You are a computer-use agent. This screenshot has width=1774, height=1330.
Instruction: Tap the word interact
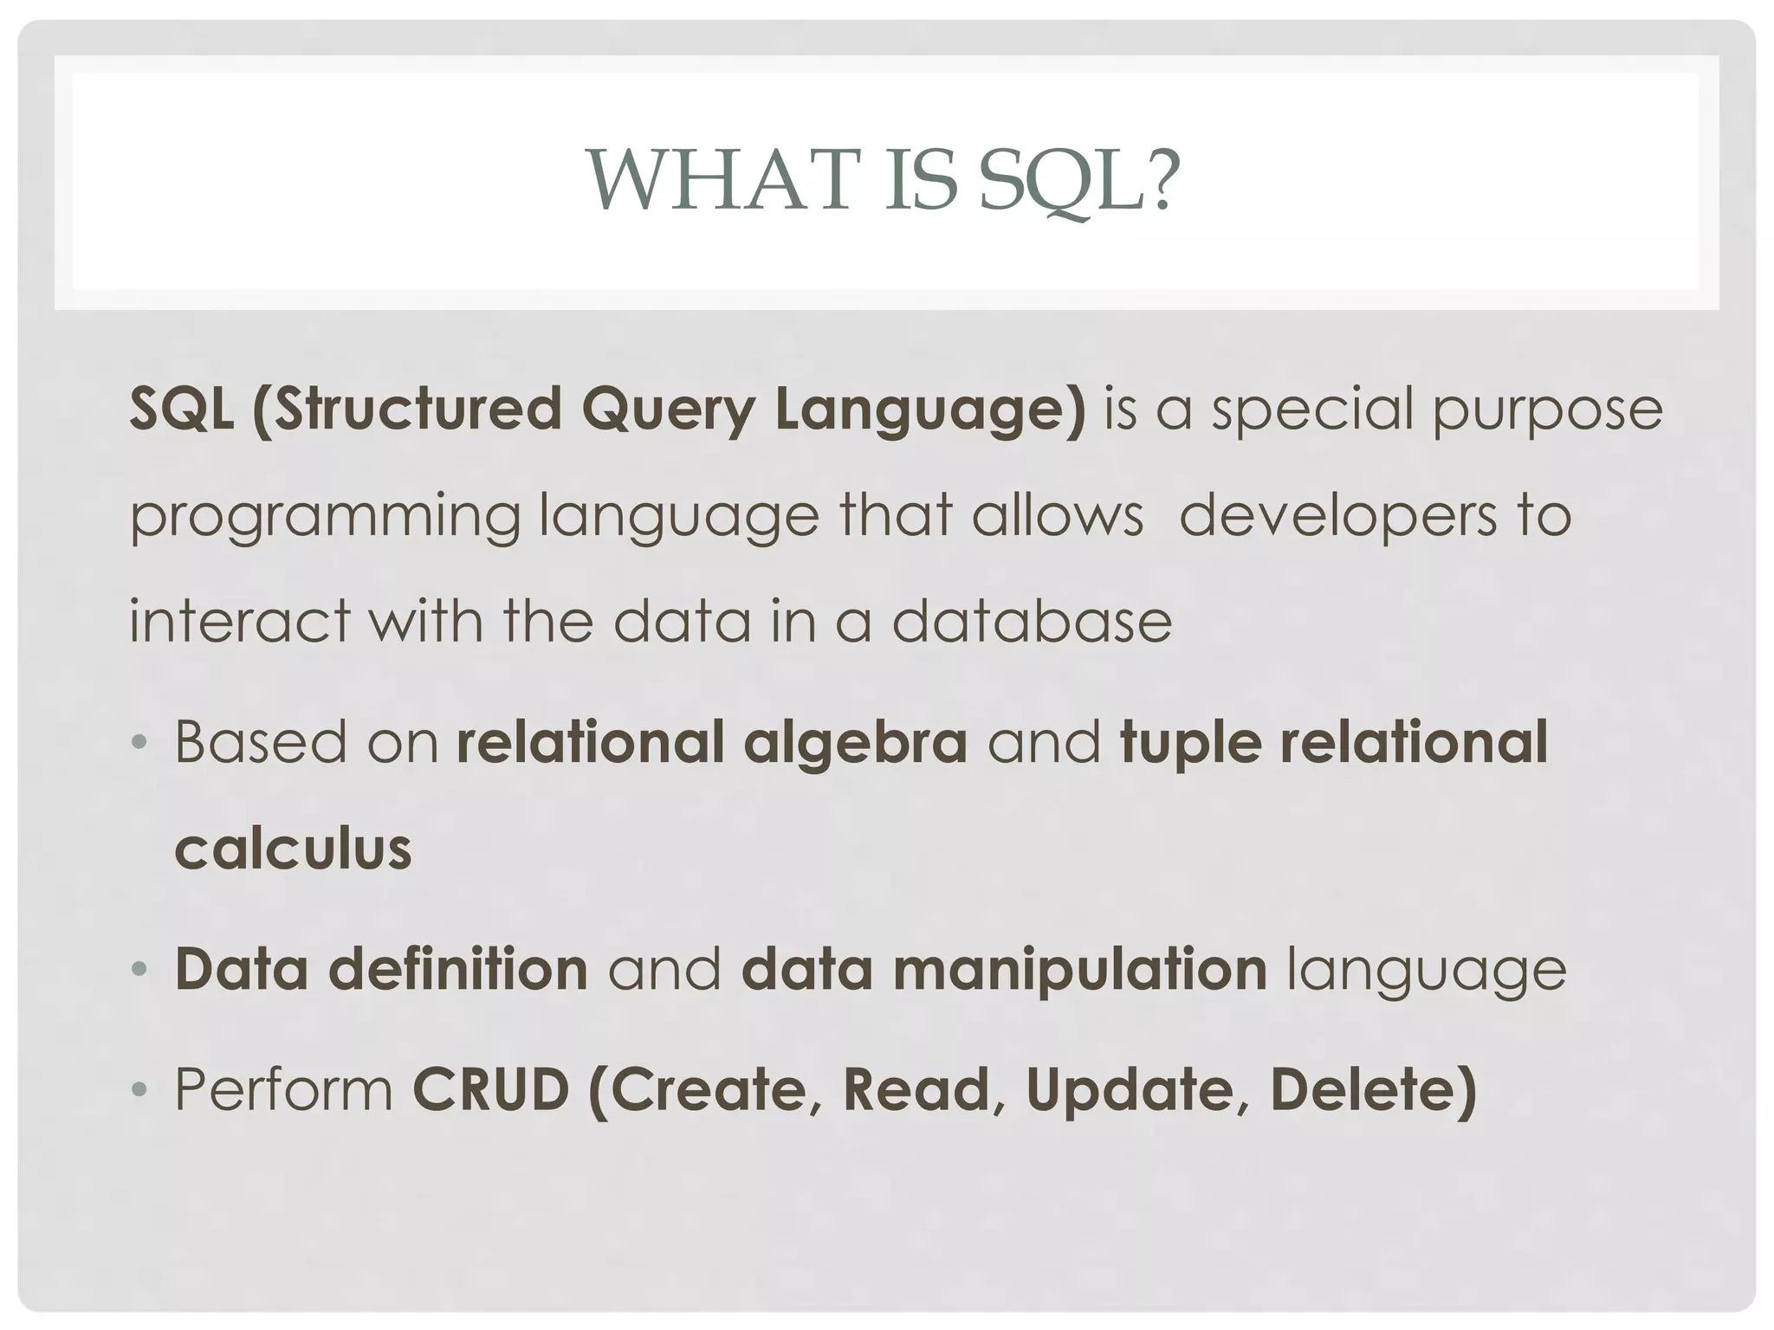pyautogui.click(x=240, y=621)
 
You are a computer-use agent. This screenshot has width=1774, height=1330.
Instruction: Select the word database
pyautogui.click(x=1032, y=621)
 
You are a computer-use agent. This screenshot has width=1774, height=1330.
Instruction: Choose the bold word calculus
pyautogui.click(x=293, y=849)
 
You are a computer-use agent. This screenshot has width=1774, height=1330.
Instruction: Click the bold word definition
pyautogui.click(x=458, y=969)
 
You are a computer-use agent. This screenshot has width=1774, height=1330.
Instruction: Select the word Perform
pyautogui.click(x=284, y=1089)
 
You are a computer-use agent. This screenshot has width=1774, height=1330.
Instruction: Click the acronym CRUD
pyautogui.click(x=490, y=1089)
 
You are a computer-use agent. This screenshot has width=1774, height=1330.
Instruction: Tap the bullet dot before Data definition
pyautogui.click(x=139, y=969)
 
